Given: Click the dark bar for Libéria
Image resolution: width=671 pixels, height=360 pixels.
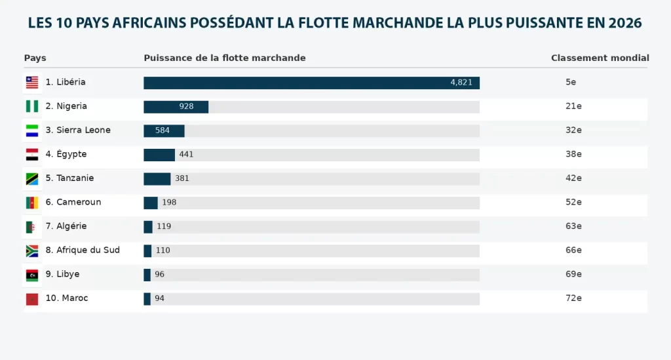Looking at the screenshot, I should tap(311, 83).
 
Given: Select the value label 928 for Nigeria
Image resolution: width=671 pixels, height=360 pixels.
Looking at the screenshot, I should tap(186, 106).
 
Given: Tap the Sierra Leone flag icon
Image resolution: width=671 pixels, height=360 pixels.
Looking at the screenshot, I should tap(31, 130).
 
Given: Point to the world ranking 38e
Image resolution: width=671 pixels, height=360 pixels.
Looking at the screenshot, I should tap(573, 154).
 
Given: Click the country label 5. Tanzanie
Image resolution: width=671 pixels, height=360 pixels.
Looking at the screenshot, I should tap(69, 178).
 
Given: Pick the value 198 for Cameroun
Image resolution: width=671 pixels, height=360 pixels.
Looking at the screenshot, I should tap(169, 202).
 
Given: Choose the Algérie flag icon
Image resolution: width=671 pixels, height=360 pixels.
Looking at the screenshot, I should tap(31, 227).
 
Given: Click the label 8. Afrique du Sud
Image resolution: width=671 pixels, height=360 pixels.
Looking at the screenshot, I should tap(83, 250).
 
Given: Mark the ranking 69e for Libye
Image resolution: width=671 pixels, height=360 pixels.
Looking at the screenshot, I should tap(573, 274).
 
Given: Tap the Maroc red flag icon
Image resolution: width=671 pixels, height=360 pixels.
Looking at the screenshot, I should tap(31, 299).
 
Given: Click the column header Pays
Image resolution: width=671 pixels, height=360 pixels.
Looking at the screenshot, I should tap(35, 58).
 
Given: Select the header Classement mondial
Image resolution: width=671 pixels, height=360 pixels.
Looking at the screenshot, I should tap(600, 58).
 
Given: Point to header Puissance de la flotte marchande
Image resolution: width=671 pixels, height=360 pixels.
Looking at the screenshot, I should tap(225, 58).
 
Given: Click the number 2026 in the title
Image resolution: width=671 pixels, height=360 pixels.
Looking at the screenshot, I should tap(624, 24).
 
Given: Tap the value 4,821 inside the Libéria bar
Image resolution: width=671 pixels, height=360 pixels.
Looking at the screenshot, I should tap(461, 83).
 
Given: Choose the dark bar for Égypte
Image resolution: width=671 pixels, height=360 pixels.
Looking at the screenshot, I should tap(159, 155).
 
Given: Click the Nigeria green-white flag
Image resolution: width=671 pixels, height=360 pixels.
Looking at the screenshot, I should tap(31, 106).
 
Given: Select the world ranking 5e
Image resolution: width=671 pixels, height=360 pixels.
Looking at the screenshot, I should tap(571, 82).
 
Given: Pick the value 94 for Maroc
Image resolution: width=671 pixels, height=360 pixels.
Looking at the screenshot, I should tap(159, 298).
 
